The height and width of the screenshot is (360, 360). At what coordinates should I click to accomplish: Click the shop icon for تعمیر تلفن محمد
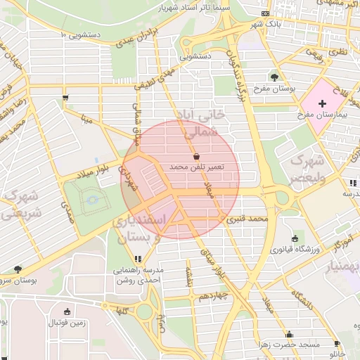[x=195, y=156]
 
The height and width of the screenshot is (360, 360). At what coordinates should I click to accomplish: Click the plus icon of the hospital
[x=323, y=103]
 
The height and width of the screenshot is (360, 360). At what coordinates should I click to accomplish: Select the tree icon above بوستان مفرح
[x=274, y=77]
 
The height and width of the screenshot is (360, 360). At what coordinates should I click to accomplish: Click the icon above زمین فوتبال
[x=67, y=312]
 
